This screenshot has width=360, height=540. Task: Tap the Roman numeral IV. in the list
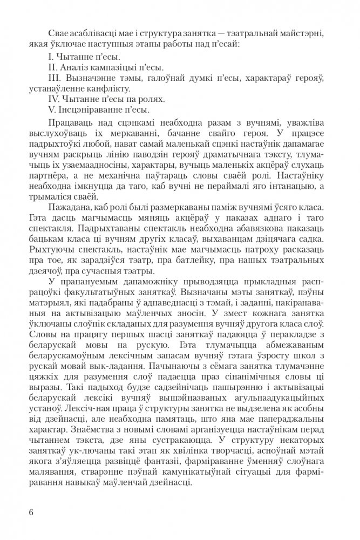tap(53, 100)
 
